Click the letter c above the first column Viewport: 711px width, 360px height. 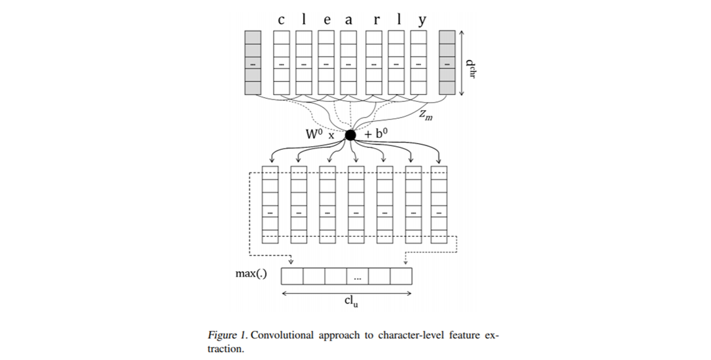281,20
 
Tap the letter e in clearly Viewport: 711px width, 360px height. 327,20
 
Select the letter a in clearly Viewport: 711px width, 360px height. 348,20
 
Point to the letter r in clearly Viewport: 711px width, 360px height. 376,20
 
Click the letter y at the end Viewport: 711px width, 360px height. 422,20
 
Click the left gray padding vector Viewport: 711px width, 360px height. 253,63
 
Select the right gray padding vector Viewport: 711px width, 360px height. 447,63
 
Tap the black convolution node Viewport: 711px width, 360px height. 350,135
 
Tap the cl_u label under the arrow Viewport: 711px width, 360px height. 351,301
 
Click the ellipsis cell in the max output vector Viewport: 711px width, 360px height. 357,275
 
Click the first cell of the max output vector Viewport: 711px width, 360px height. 292,275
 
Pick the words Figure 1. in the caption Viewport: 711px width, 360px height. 228,336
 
